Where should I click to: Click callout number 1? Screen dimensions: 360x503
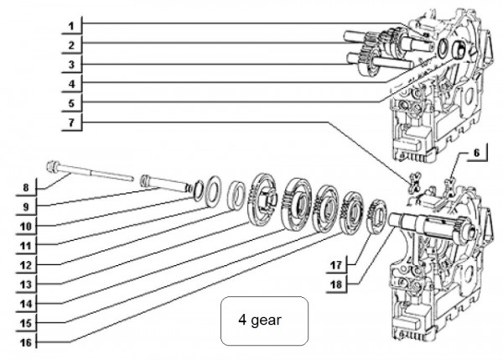point(72,24)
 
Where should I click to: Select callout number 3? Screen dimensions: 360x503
point(72,65)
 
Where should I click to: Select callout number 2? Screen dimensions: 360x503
point(72,44)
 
